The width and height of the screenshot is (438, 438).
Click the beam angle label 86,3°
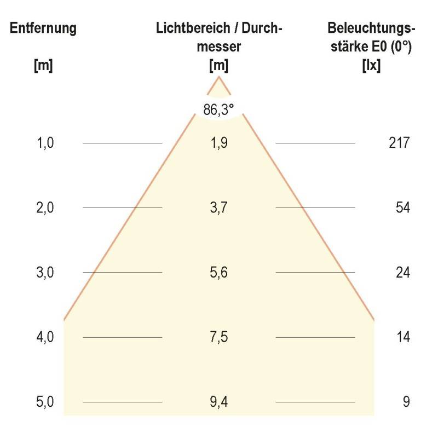point(219,109)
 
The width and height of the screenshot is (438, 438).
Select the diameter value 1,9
point(219,143)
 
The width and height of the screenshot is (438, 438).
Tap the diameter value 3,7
point(219,208)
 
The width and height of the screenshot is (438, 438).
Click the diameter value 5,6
point(219,273)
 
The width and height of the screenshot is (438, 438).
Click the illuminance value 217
point(398,143)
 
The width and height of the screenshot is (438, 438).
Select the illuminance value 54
point(402,208)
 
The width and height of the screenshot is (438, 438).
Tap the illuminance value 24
point(402,273)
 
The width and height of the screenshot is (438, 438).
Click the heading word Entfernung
point(43,29)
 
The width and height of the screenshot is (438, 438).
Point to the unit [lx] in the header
point(371,66)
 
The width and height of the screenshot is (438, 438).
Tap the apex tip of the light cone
point(219,77)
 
